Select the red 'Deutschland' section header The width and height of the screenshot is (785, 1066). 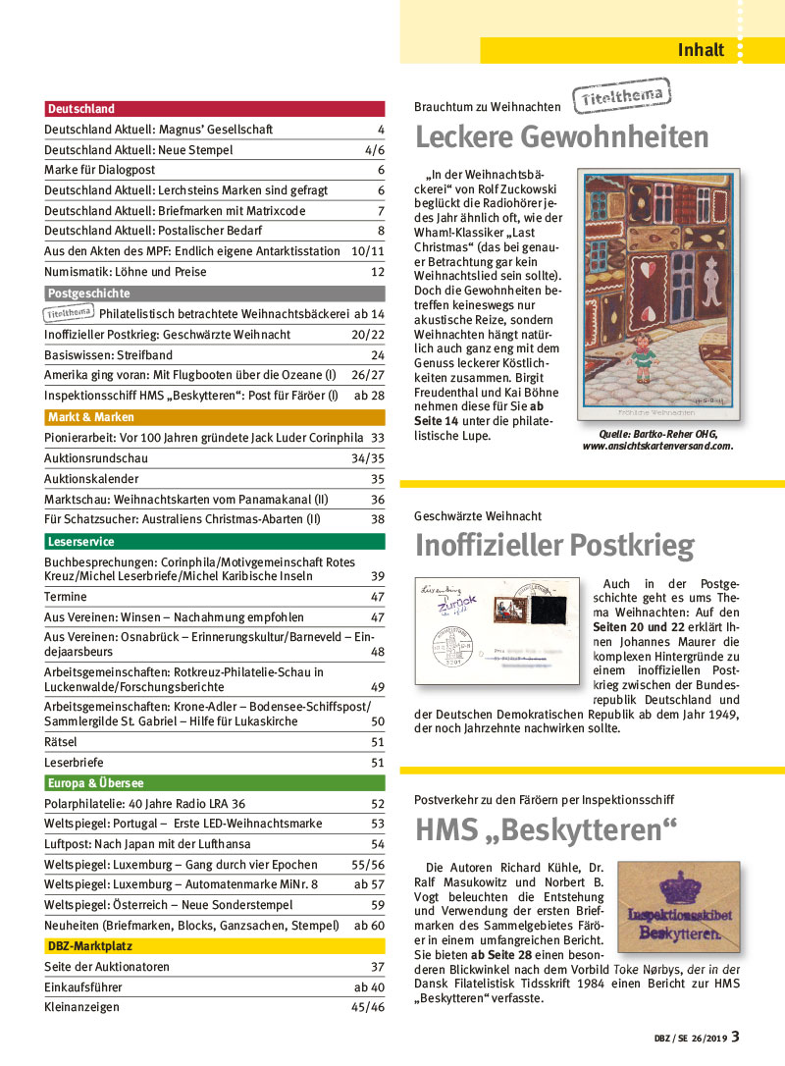click(80, 109)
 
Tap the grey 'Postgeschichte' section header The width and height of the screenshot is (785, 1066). click(88, 293)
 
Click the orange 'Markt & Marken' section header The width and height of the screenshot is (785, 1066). click(91, 417)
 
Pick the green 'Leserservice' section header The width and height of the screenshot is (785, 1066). click(80, 542)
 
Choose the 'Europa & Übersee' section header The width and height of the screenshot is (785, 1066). click(95, 783)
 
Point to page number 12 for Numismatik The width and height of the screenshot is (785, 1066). click(377, 272)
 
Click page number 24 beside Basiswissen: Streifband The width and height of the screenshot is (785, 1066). click(377, 355)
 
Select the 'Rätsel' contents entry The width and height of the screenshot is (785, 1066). click(61, 742)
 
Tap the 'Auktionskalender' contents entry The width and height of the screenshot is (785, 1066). click(91, 479)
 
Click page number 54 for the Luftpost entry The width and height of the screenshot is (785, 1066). click(377, 844)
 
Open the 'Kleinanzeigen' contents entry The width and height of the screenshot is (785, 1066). click(82, 1007)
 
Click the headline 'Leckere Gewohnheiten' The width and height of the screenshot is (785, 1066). click(561, 136)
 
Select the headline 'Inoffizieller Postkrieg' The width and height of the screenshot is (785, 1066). click(553, 545)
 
